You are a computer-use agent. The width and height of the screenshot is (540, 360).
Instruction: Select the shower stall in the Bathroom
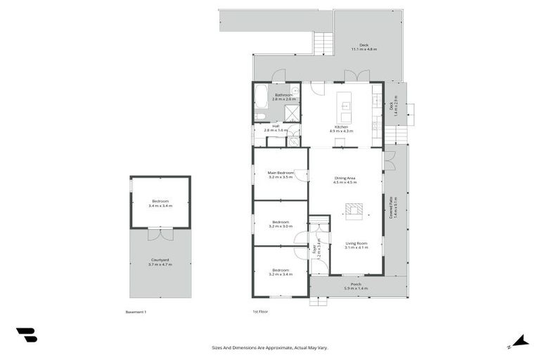click(291, 113)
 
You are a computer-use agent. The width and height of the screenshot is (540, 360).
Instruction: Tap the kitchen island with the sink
click(346, 106)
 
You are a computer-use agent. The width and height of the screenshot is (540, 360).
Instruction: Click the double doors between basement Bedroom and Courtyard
click(160, 231)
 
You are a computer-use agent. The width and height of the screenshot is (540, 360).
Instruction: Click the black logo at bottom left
click(26, 335)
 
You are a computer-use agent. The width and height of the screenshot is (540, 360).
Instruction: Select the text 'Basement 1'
click(136, 311)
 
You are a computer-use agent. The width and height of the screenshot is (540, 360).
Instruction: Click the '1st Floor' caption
click(260, 311)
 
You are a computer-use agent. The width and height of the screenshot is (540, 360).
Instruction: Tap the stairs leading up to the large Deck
click(323, 44)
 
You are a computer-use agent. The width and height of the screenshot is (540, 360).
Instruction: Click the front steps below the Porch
click(319, 301)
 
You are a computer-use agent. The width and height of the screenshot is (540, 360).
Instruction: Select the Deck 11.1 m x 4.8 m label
click(364, 47)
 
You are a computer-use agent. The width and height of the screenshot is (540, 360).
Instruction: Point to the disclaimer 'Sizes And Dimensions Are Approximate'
click(269, 347)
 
